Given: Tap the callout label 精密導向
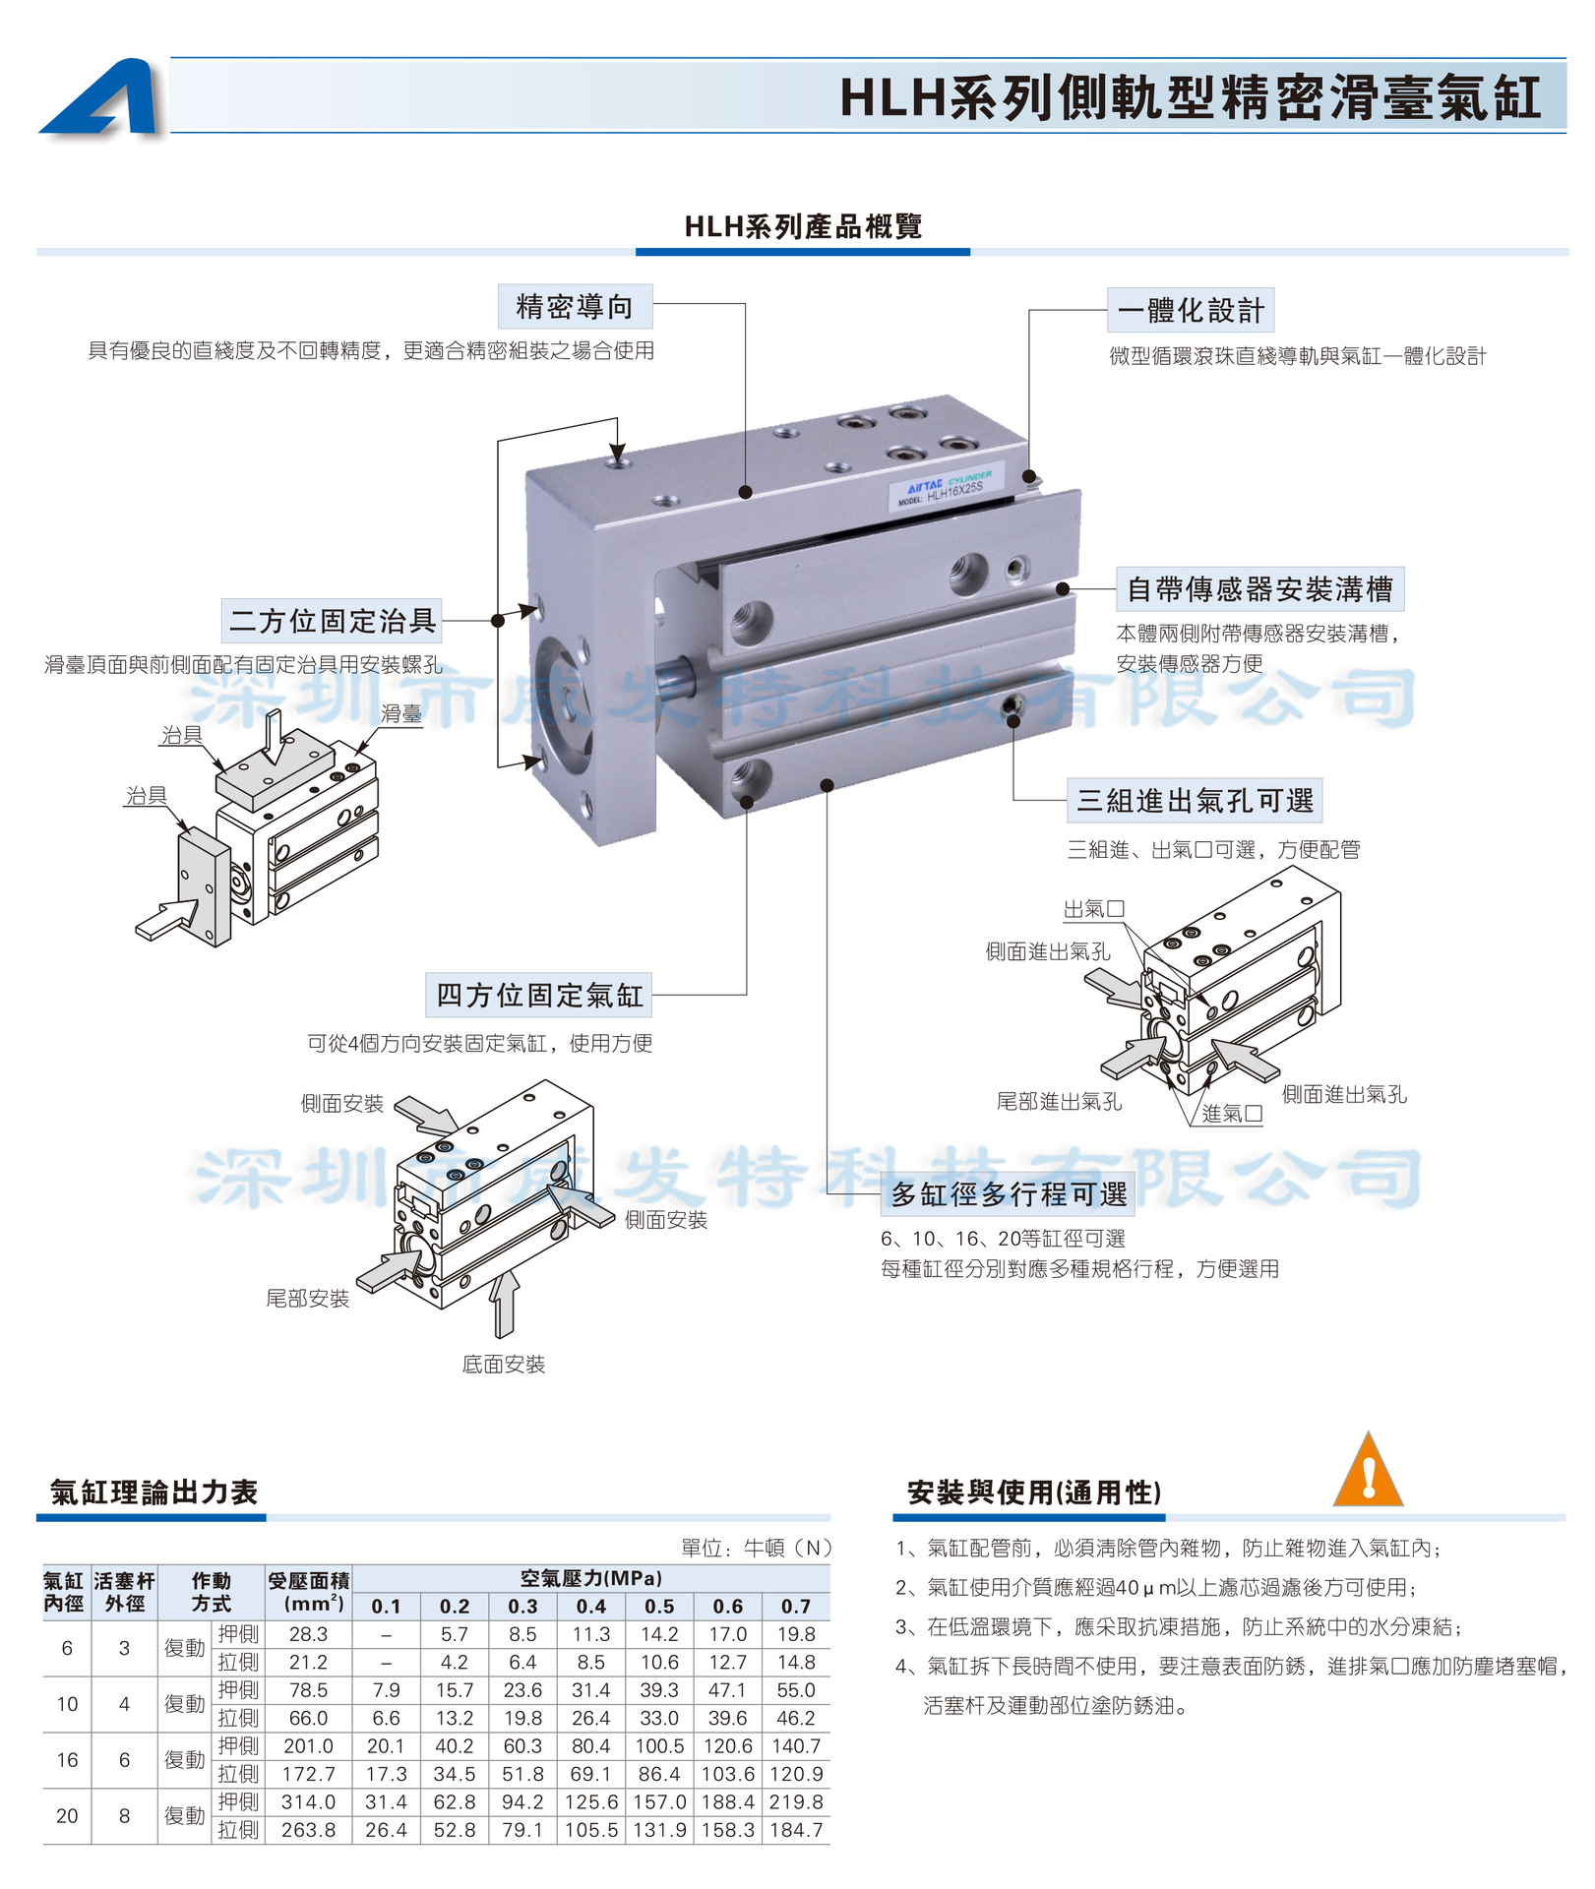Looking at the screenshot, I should click(575, 307).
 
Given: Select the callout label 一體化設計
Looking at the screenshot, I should click(1191, 311).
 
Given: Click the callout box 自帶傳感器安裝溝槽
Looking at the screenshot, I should click(1259, 589).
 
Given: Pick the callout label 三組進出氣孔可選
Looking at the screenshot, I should click(1195, 801).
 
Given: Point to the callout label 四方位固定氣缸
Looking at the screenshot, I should click(539, 996).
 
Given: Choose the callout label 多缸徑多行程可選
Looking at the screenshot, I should click(1009, 1194).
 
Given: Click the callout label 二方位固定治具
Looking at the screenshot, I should click(332, 621).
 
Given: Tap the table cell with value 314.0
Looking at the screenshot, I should click(308, 1801).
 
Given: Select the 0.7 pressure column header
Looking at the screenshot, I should click(795, 1607).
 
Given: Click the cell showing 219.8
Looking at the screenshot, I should click(795, 1801).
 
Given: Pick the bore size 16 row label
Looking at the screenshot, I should click(67, 1759).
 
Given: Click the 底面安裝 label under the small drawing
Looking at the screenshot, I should click(503, 1365).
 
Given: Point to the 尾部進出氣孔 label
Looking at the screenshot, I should click(1058, 1102).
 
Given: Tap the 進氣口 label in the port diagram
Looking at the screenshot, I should click(1232, 1114).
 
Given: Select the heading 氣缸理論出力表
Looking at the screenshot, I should click(154, 1493).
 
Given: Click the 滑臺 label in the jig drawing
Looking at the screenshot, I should click(401, 714).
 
